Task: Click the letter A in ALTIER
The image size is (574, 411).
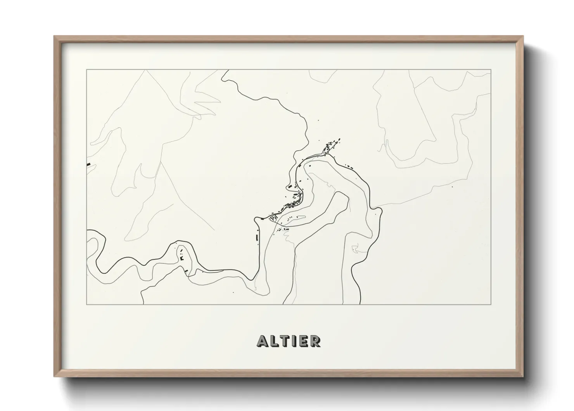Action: [262, 341]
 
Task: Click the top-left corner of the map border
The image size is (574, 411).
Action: [86, 70]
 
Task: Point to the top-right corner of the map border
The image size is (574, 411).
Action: [491, 70]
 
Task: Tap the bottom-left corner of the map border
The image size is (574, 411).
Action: [86, 304]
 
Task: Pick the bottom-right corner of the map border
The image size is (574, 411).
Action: [491, 304]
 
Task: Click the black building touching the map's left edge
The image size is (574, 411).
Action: [88, 164]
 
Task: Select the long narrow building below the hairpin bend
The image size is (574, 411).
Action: [257, 237]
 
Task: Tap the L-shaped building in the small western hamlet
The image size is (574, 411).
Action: [182, 258]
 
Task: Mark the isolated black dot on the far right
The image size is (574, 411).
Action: [452, 187]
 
